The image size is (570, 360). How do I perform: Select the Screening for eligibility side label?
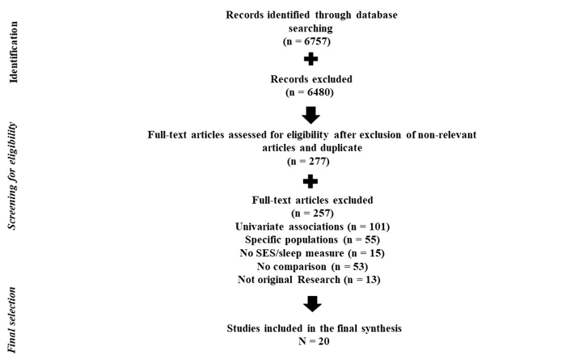pos(13,176)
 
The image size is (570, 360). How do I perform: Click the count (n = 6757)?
pos(311,40)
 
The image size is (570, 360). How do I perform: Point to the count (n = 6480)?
pos(311,92)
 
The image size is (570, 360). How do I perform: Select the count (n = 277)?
pos(311,161)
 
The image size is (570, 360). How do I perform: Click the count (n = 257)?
pos(311,213)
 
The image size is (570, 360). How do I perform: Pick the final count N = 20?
pos(311,342)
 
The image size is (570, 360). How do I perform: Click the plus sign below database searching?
pos(311,60)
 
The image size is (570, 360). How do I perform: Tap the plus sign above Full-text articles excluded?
pos(311,181)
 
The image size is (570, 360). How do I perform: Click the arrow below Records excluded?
pos(311,114)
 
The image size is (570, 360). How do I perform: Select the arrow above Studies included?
pos(311,304)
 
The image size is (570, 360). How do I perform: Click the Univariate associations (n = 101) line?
pos(311,227)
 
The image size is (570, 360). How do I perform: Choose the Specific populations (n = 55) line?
pos(311,240)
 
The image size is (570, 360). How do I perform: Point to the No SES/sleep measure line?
pos(311,253)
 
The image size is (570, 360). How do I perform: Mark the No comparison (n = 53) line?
pos(311,266)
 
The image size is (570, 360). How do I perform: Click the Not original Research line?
pos(311,280)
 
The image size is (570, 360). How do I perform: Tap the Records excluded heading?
pos(311,79)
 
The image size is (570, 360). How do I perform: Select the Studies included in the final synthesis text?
pos(311,328)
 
